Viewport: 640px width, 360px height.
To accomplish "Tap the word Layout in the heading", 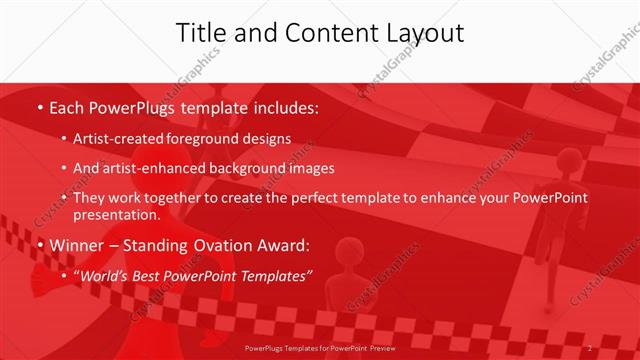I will tap(420, 32).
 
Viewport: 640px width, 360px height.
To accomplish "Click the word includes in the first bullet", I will tap(283, 107).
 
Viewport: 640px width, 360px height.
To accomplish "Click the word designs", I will tap(269, 138).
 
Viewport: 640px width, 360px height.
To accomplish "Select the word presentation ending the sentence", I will tap(115, 214).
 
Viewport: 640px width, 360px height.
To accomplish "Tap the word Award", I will tap(284, 245).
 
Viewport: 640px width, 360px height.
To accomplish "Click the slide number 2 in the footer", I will tap(590, 347).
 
